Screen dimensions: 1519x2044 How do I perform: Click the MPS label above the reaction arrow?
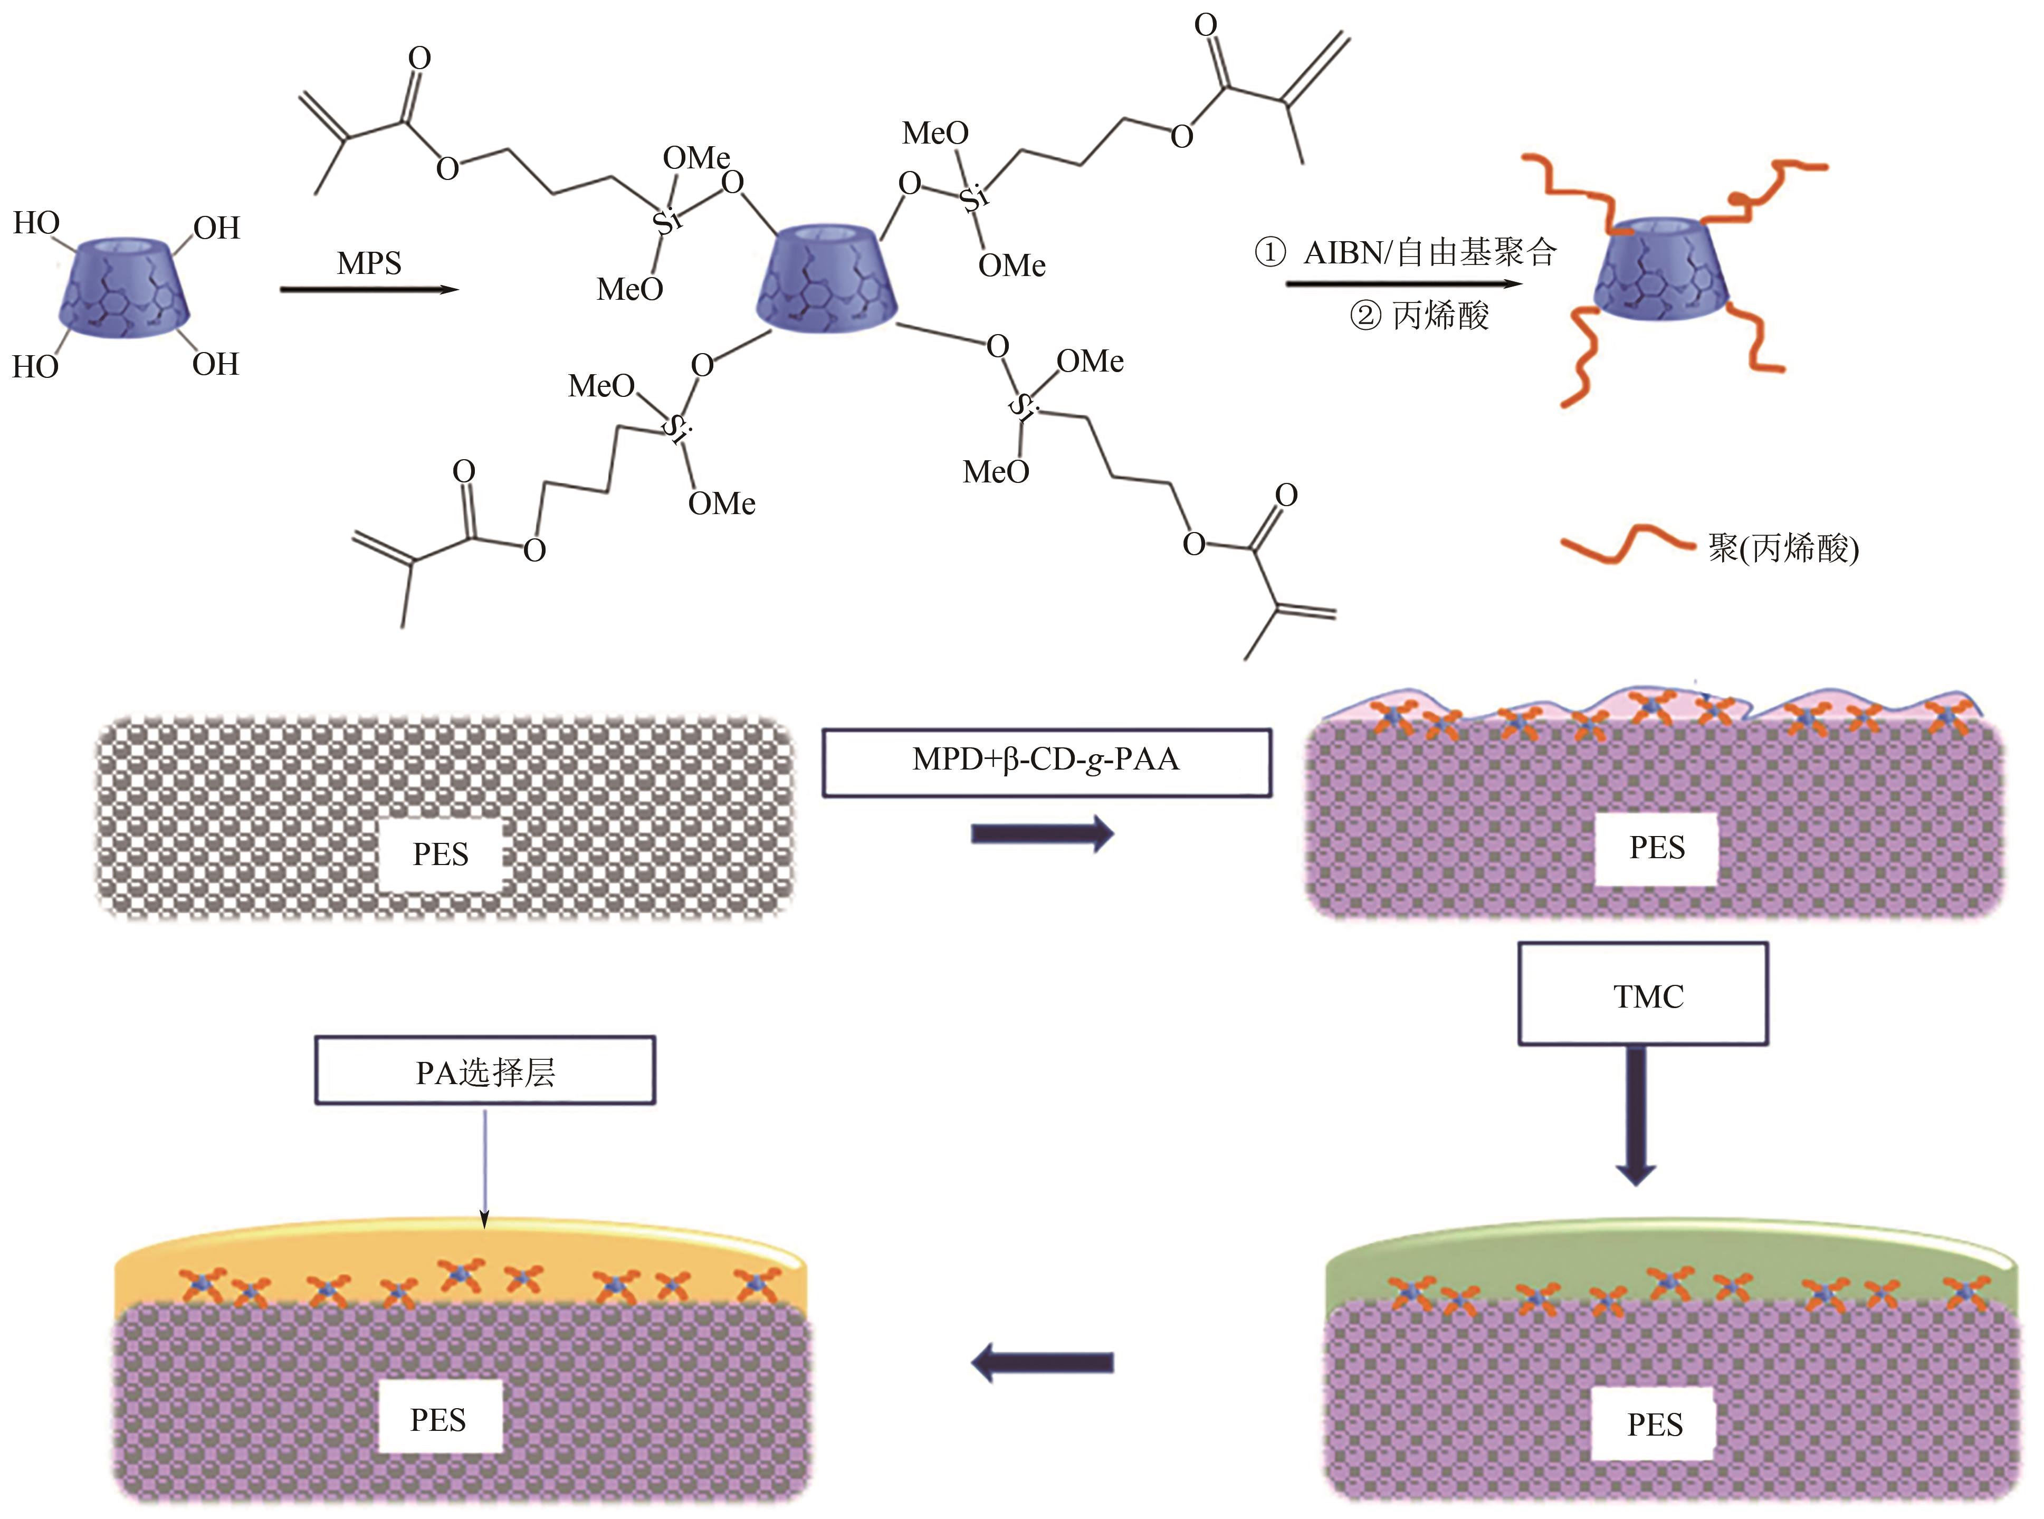coord(369,264)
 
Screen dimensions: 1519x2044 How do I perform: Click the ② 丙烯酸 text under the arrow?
coord(1418,316)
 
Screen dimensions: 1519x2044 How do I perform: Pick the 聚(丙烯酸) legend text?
coord(1783,549)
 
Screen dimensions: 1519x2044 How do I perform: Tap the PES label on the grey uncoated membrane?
coord(440,854)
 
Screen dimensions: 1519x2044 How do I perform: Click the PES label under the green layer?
coord(1654,1425)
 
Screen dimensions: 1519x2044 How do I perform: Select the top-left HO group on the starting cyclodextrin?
coord(37,223)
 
